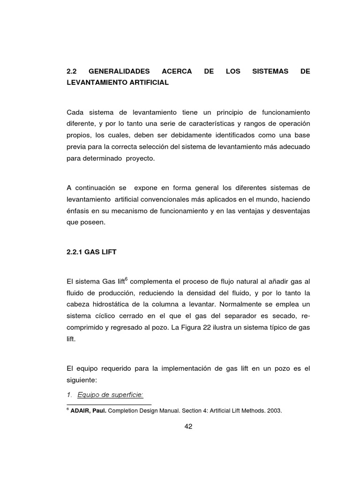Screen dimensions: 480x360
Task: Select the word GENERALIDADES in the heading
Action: (119, 72)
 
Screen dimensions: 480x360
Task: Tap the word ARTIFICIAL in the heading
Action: (145, 82)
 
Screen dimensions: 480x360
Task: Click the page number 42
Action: (188, 426)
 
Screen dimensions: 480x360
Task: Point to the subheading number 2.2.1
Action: (75, 252)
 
